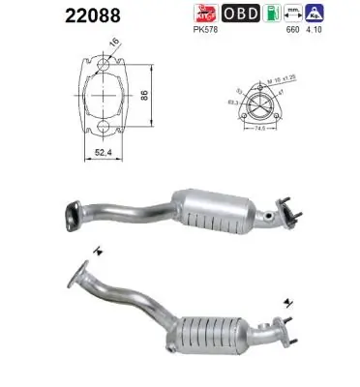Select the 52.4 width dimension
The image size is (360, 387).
(x=103, y=151)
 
